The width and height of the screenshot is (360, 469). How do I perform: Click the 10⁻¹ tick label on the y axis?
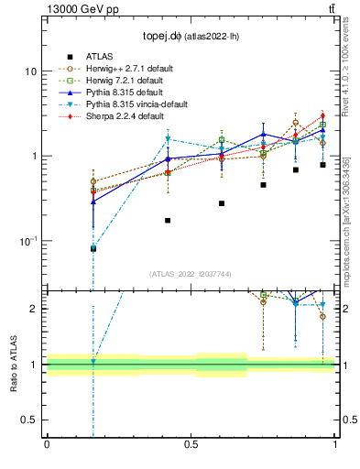pyautogui.click(x=27, y=241)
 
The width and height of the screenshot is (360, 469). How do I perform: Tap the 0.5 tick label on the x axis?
pyautogui.click(x=191, y=445)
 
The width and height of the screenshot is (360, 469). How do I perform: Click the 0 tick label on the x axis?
pyautogui.click(x=47, y=445)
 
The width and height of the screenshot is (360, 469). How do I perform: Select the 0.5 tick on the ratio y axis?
pyautogui.click(x=32, y=420)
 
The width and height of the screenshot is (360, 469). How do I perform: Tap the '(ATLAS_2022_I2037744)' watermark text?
pyautogui.click(x=191, y=274)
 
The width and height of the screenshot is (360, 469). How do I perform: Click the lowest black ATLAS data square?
pyautogui.click(x=93, y=248)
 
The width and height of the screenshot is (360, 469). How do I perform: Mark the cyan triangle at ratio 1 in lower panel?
pyautogui.click(x=93, y=363)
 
